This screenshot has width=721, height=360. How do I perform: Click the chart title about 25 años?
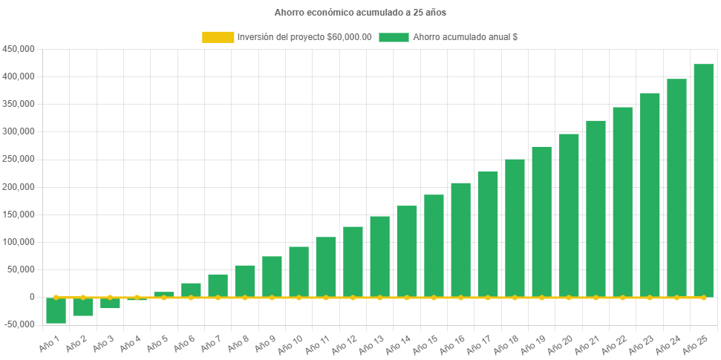coord(360,13)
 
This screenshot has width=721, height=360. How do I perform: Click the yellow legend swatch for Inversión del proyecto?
coord(218,37)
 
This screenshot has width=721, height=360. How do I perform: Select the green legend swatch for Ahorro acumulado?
coord(394,37)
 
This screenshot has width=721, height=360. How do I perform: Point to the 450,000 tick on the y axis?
coord(19,49)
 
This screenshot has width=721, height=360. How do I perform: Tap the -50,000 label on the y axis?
coord(19,324)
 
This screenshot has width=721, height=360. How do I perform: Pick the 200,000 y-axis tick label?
coord(19,187)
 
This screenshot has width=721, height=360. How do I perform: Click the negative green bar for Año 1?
coord(56,310)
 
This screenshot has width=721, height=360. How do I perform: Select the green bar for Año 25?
coord(703,180)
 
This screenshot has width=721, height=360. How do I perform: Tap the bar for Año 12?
coord(353,261)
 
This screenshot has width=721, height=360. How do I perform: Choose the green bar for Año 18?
coord(515,228)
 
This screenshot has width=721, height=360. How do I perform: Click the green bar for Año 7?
coord(218,285)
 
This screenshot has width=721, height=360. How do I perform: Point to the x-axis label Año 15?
coord(428,344)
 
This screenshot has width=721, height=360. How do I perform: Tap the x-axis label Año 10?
coord(293,344)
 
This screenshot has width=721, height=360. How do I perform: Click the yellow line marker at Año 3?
coord(110,297)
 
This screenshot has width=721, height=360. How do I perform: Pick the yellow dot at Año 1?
coord(56,297)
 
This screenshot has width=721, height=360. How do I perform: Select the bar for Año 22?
coord(622,202)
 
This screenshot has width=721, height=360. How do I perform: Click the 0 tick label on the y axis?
coord(32,297)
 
